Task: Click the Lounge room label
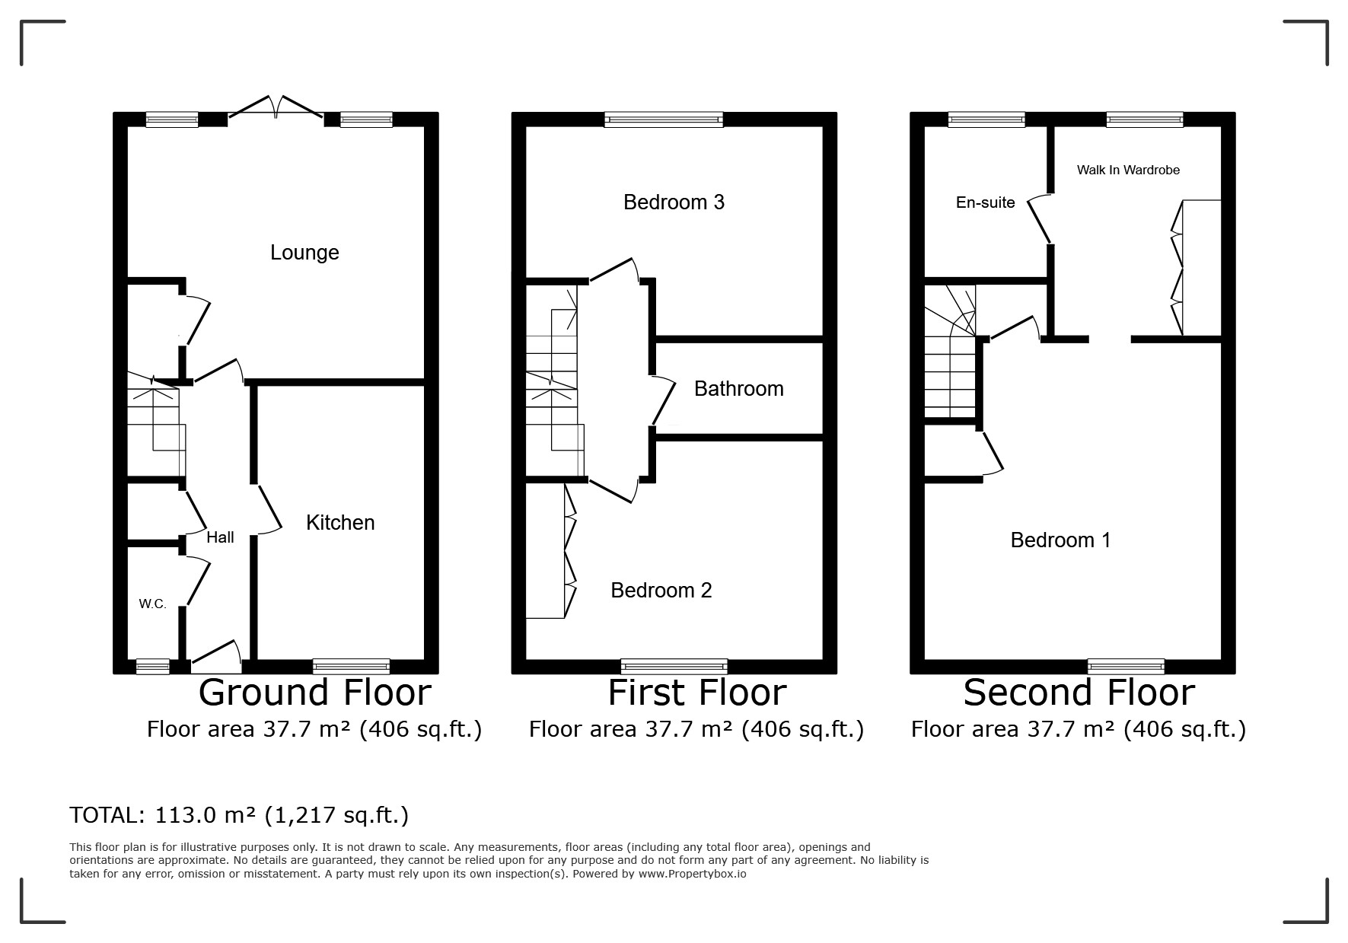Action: (304, 253)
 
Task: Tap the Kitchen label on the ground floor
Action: (340, 523)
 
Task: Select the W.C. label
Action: (152, 604)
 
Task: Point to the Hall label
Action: (220, 537)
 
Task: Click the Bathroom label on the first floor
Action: (738, 389)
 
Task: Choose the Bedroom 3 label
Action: (674, 202)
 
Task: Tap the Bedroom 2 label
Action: (661, 591)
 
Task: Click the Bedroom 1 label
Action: (1060, 540)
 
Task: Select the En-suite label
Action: (986, 202)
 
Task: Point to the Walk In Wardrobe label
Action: (1128, 170)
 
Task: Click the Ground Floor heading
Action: (314, 693)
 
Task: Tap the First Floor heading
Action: (696, 693)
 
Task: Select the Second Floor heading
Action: (1079, 693)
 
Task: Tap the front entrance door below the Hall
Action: (216, 656)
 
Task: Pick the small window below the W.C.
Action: (152, 667)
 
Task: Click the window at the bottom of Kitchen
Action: (351, 667)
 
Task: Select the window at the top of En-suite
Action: (986, 119)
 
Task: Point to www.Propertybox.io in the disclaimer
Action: (692, 875)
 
